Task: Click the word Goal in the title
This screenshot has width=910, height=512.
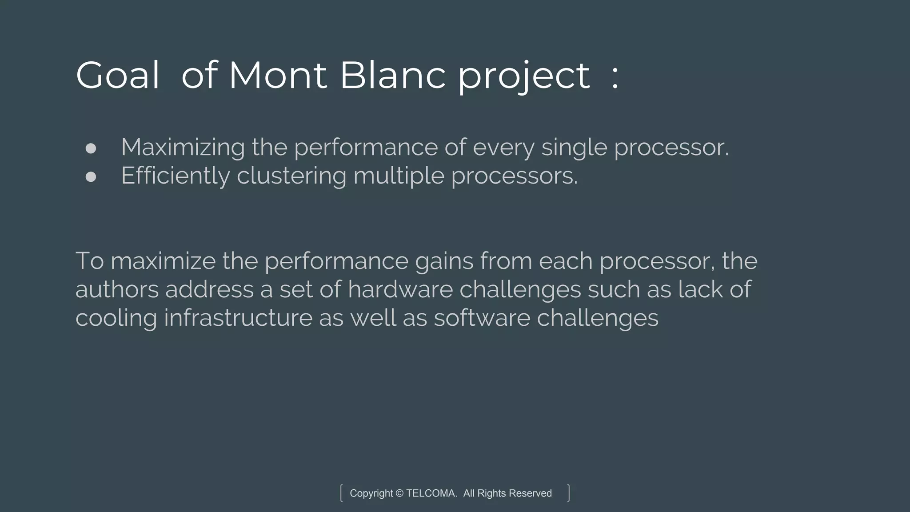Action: click(x=117, y=76)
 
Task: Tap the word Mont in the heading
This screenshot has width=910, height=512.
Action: click(x=278, y=76)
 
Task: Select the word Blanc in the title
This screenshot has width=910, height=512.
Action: click(x=393, y=76)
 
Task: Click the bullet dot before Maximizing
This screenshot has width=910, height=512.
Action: click(x=91, y=148)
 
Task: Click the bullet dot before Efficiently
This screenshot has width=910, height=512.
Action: click(x=91, y=177)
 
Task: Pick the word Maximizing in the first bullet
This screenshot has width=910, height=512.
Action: click(x=183, y=148)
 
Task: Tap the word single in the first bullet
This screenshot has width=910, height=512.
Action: click(x=574, y=148)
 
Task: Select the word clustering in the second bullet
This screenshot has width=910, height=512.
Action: click(x=291, y=176)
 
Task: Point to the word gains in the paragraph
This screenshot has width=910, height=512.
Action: click(x=444, y=261)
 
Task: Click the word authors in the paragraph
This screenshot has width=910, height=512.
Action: click(x=117, y=289)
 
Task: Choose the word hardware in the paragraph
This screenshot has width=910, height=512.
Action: click(x=400, y=289)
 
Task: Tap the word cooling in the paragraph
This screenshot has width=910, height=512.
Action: click(x=116, y=318)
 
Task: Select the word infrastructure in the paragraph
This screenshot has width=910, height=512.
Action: click(x=238, y=318)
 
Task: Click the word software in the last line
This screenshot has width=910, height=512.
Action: click(x=482, y=318)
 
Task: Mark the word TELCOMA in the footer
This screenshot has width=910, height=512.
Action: click(x=431, y=493)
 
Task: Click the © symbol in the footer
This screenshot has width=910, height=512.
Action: click(x=399, y=493)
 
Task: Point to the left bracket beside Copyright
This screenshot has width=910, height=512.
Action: click(x=341, y=493)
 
